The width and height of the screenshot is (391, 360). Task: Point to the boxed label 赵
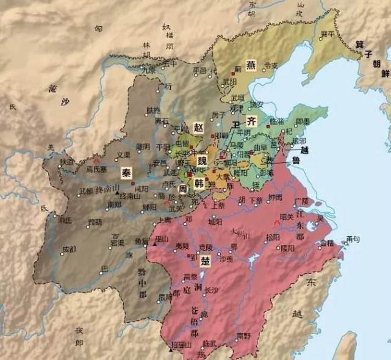(x=198, y=127)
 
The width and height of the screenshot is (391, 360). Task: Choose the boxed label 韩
(x=198, y=182)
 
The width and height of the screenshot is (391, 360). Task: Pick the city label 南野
(x=243, y=335)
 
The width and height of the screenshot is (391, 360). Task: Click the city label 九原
(x=148, y=70)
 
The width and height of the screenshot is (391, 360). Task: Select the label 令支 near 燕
(x=270, y=65)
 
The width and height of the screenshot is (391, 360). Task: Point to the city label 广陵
(x=301, y=201)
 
